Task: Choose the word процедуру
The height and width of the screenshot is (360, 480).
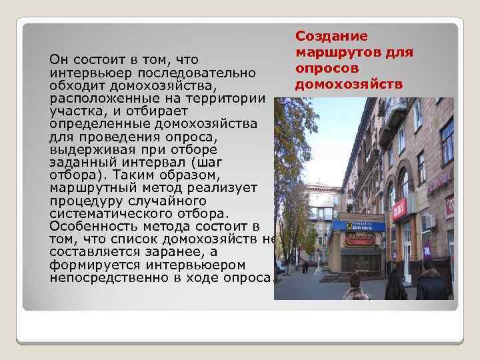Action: [x=85, y=201]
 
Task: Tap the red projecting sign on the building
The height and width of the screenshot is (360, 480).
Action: [x=399, y=209]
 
